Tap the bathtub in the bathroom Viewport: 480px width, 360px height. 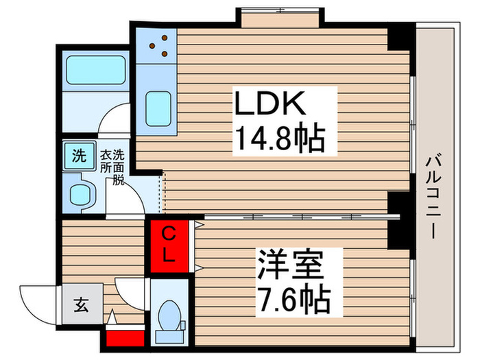tap(92, 69)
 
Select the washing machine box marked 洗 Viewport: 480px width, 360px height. tap(79, 155)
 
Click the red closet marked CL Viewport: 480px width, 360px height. tap(169, 245)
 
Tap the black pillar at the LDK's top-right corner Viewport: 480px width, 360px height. tap(401, 38)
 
